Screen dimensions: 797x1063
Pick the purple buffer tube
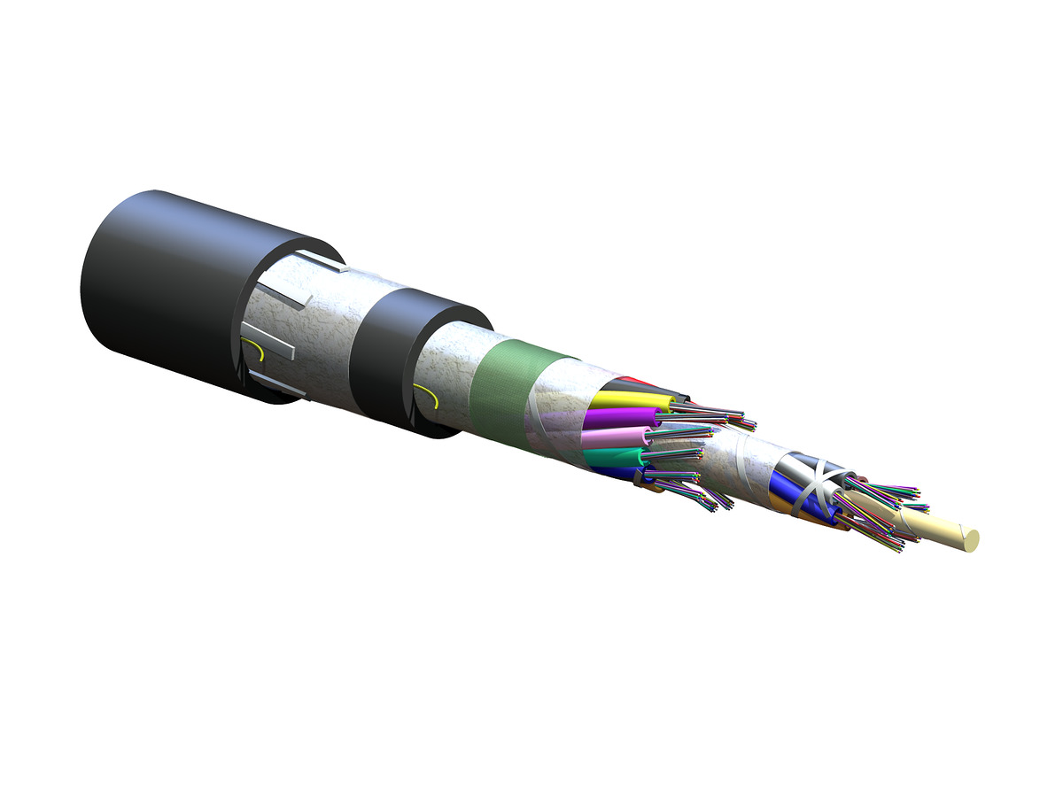[x=620, y=417]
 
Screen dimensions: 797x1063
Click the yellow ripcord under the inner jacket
[x=430, y=393]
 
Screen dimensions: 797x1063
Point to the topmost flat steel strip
[x=319, y=261]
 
